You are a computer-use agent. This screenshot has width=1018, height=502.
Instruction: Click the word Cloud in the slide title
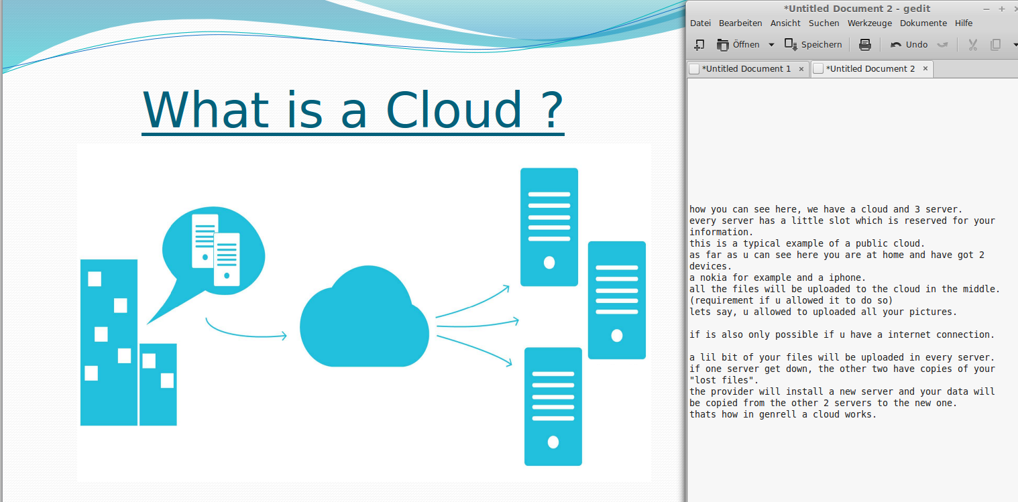click(x=453, y=110)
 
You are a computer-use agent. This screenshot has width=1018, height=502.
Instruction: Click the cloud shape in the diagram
click(x=364, y=316)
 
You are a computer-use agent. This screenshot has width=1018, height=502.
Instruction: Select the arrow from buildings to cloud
click(x=246, y=331)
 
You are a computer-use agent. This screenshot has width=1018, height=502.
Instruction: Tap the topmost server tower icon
click(x=549, y=227)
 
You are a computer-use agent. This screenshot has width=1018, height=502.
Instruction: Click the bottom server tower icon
click(x=553, y=407)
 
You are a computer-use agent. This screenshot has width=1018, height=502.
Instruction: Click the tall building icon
click(x=109, y=342)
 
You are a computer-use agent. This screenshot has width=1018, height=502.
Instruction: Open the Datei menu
click(x=700, y=23)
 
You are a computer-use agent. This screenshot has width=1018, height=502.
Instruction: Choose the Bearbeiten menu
click(x=740, y=23)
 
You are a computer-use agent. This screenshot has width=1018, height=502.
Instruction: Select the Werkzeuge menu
click(x=869, y=23)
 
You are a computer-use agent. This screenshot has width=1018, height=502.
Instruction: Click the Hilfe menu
click(x=964, y=23)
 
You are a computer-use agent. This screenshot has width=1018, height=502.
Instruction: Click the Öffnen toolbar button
click(x=738, y=44)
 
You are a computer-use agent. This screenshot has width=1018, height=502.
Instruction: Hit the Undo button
click(x=909, y=44)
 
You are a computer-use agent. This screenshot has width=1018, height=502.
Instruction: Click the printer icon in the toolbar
click(x=865, y=44)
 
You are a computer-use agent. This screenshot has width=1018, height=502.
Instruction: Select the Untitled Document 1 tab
click(x=746, y=68)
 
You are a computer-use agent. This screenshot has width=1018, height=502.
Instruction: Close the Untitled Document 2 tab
click(x=925, y=68)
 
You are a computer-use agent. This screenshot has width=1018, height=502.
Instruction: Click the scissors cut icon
click(x=972, y=44)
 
